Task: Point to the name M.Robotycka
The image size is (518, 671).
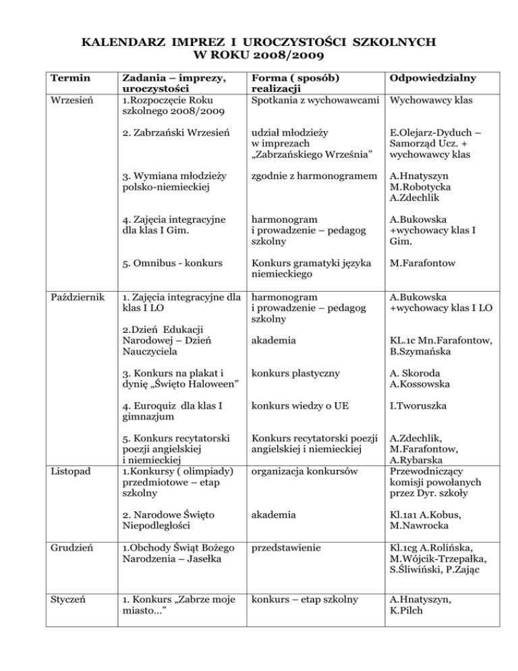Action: point(422,186)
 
